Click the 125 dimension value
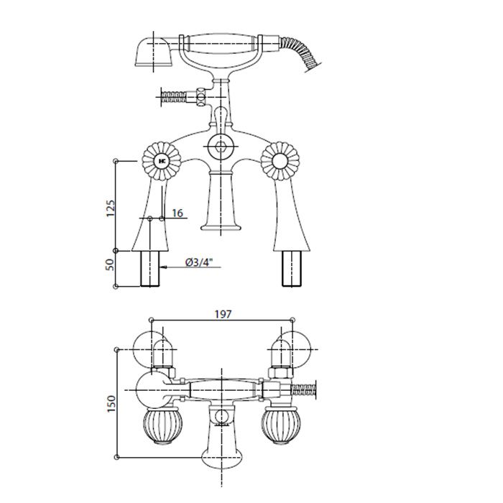coord(110,208)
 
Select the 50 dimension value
coord(110,264)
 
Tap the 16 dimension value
coord(177,213)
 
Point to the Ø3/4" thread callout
coord(199,262)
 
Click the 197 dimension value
coord(223,315)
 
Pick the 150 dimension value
coord(111,404)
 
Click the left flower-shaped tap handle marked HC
coord(162,161)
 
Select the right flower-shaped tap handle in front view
coord(280,161)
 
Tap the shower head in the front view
coord(154,52)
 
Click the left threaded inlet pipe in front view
coord(149,269)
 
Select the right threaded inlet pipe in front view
coord(292,269)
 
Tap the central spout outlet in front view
coord(221,228)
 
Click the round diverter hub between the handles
coord(221,147)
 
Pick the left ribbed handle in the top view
coord(162,426)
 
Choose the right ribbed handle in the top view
coord(281,426)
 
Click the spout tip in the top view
coord(221,459)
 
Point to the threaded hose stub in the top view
coord(303,389)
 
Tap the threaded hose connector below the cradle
coord(174,97)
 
